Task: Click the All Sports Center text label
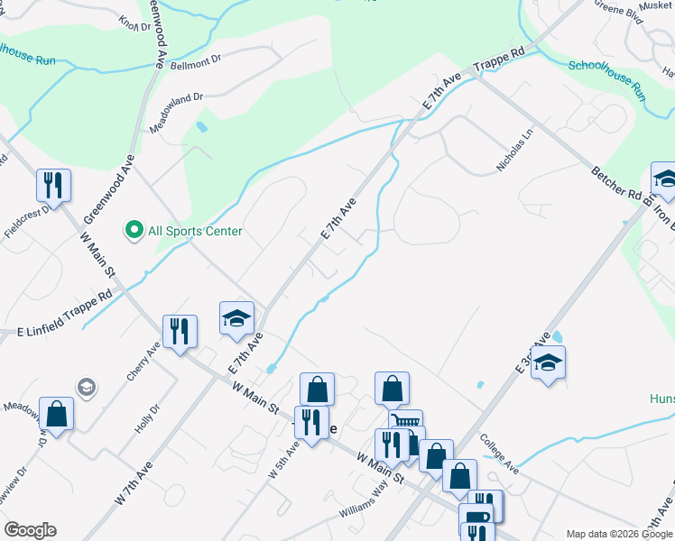tap(195, 232)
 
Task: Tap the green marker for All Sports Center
tap(134, 231)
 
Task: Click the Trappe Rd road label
tap(499, 60)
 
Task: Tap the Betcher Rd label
tap(615, 182)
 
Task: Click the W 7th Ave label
tap(133, 484)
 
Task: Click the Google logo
tap(30, 530)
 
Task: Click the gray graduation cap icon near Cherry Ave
tap(86, 388)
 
